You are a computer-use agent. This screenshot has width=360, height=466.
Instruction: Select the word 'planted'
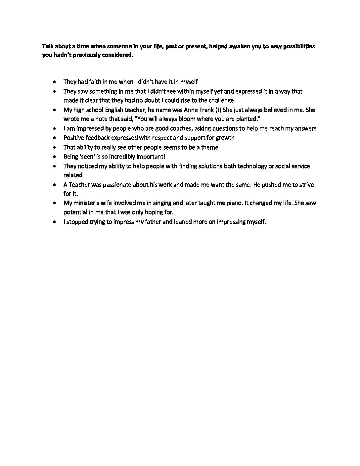(246, 119)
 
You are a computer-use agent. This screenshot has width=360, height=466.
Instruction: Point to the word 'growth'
(225, 138)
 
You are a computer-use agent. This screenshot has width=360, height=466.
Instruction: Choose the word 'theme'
(209, 147)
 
